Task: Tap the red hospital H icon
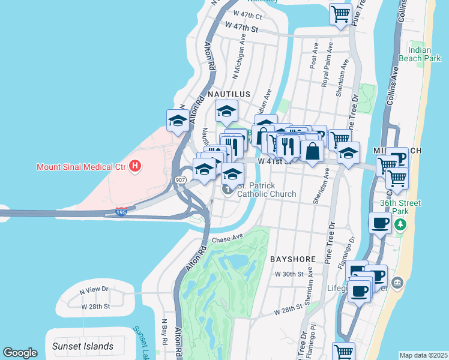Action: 135,166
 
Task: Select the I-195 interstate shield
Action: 121,212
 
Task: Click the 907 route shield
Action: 180,179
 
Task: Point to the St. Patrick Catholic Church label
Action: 267,190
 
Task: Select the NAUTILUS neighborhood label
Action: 228,95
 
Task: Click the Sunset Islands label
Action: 82,346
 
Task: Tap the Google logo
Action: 20,353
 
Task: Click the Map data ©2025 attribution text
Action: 423,355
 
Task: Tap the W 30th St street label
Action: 287,274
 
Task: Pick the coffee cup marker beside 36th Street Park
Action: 379,223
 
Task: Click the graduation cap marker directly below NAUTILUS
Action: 227,111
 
